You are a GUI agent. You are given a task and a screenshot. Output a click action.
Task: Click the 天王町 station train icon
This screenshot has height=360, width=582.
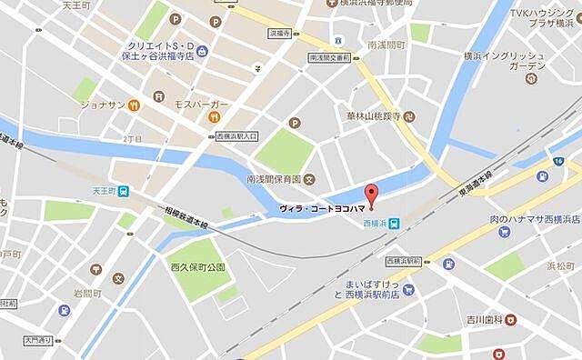123,191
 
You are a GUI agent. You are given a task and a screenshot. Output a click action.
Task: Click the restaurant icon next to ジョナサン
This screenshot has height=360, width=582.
135,105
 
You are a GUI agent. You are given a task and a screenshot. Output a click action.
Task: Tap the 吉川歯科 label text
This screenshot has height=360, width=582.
478,319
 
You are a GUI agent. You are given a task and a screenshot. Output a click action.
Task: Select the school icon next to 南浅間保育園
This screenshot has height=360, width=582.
309,178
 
